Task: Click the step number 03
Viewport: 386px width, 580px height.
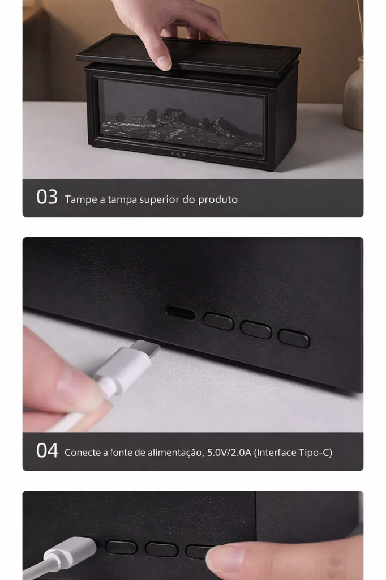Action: (x=47, y=197)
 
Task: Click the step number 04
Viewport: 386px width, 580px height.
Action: (x=47, y=451)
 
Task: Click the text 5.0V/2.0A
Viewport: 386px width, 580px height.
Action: (x=229, y=453)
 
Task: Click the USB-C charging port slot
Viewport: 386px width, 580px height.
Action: (x=180, y=313)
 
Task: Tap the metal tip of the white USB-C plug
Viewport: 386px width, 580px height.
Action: (x=145, y=348)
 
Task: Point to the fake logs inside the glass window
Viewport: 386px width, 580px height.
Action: (x=182, y=128)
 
